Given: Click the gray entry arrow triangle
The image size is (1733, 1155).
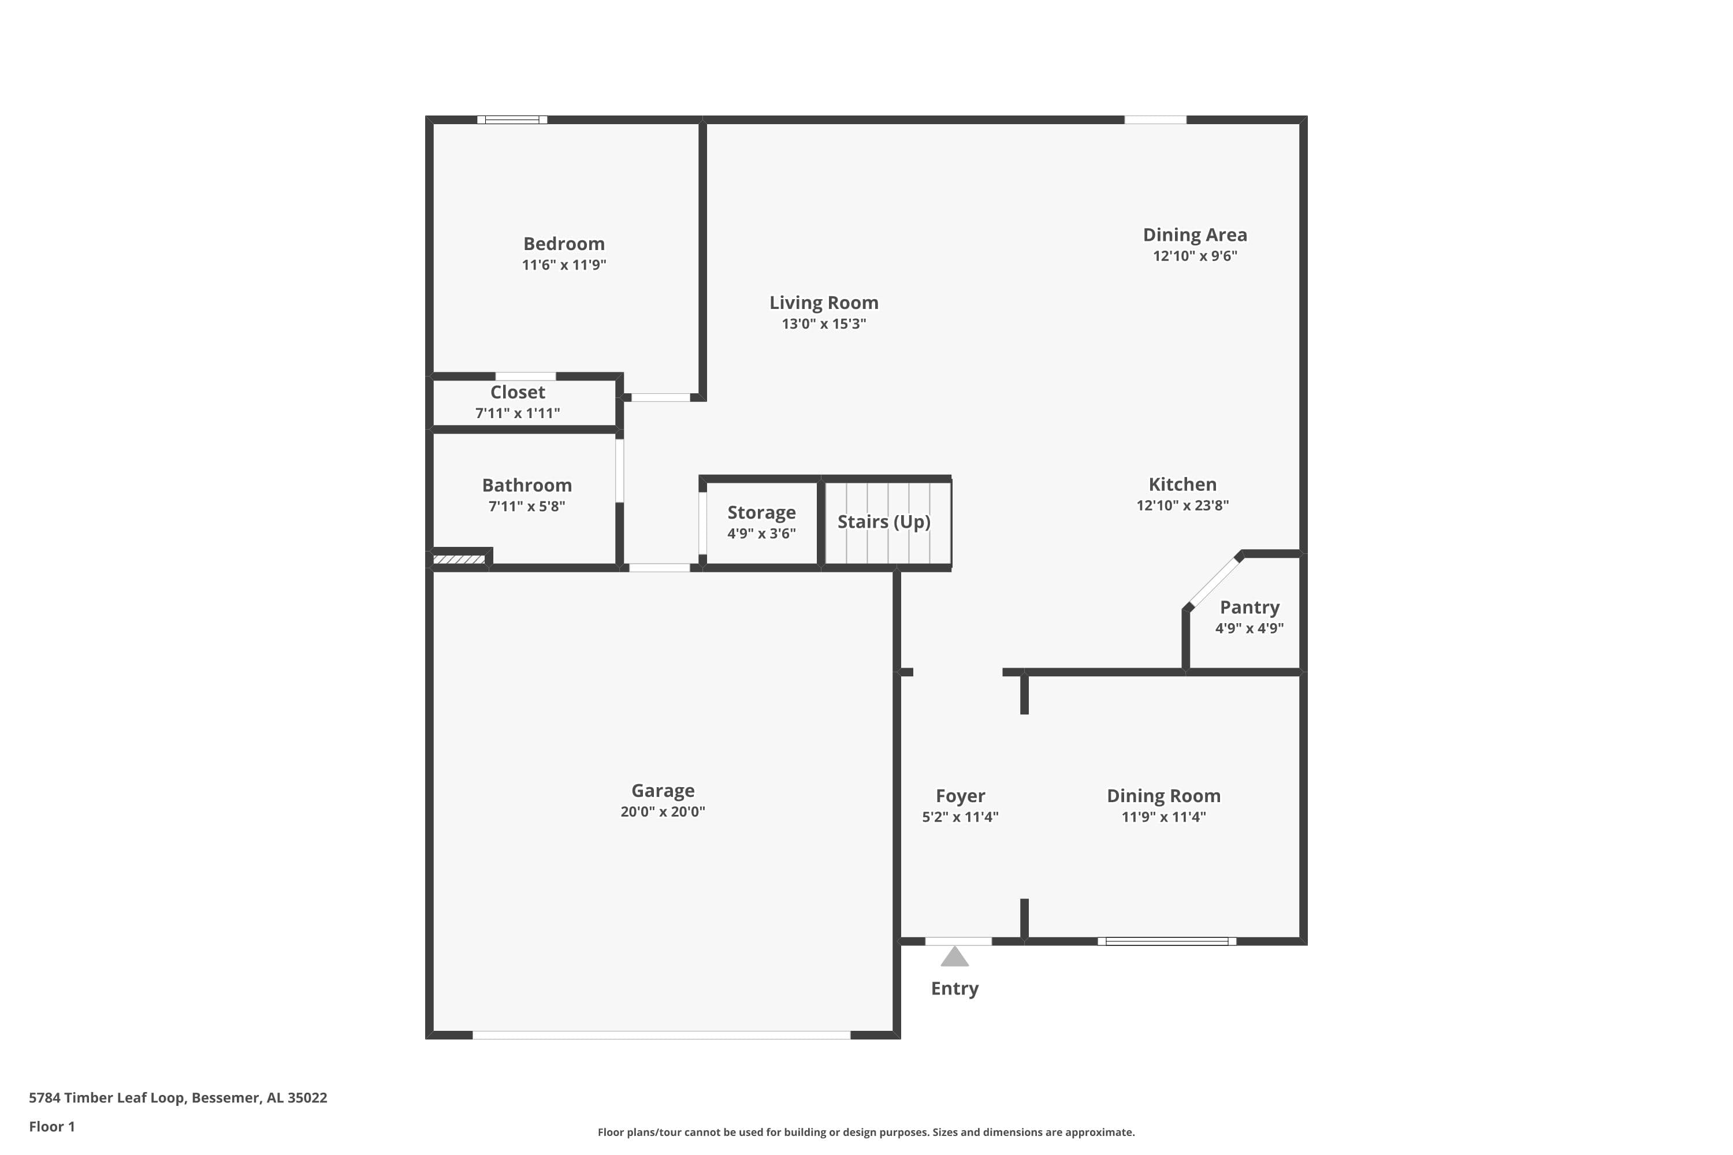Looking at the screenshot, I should coord(954,957).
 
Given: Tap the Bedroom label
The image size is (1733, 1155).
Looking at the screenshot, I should coord(564,244).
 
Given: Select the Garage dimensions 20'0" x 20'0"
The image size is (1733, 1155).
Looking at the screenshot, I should coord(663,812).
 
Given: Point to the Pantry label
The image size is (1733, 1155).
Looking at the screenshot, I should coord(1249,608).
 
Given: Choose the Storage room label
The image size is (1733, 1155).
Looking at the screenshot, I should coord(761,513).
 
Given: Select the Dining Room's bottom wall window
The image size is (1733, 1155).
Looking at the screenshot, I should coord(1166,941).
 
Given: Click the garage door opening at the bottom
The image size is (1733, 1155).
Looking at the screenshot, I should coord(661,1035).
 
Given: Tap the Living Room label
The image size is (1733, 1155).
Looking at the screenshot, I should coord(824,303).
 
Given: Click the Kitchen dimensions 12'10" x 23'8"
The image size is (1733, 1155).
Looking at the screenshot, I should coord(1182,505).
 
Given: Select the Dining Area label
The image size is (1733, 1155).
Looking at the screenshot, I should coord(1195,235).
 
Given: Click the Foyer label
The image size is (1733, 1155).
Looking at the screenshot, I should coord(960,796).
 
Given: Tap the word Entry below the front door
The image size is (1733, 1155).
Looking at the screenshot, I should coord(954,989).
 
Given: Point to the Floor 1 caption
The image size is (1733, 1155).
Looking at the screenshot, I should coord(51,1126).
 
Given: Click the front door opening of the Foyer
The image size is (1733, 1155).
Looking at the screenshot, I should coord(958,941).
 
